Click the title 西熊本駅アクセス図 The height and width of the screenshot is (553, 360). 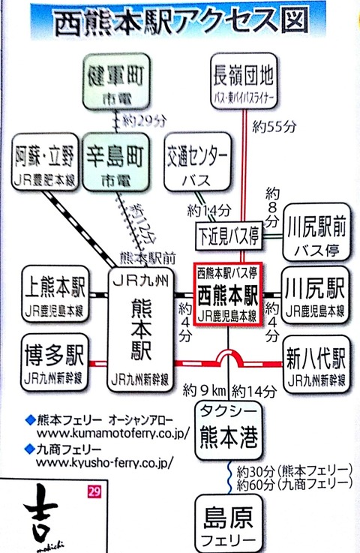pyautogui.click(x=180, y=22)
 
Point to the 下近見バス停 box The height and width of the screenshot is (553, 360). pyautogui.click(x=228, y=234)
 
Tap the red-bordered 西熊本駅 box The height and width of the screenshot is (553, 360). pyautogui.click(x=227, y=294)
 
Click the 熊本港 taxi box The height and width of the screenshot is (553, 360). pyautogui.click(x=227, y=429)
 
